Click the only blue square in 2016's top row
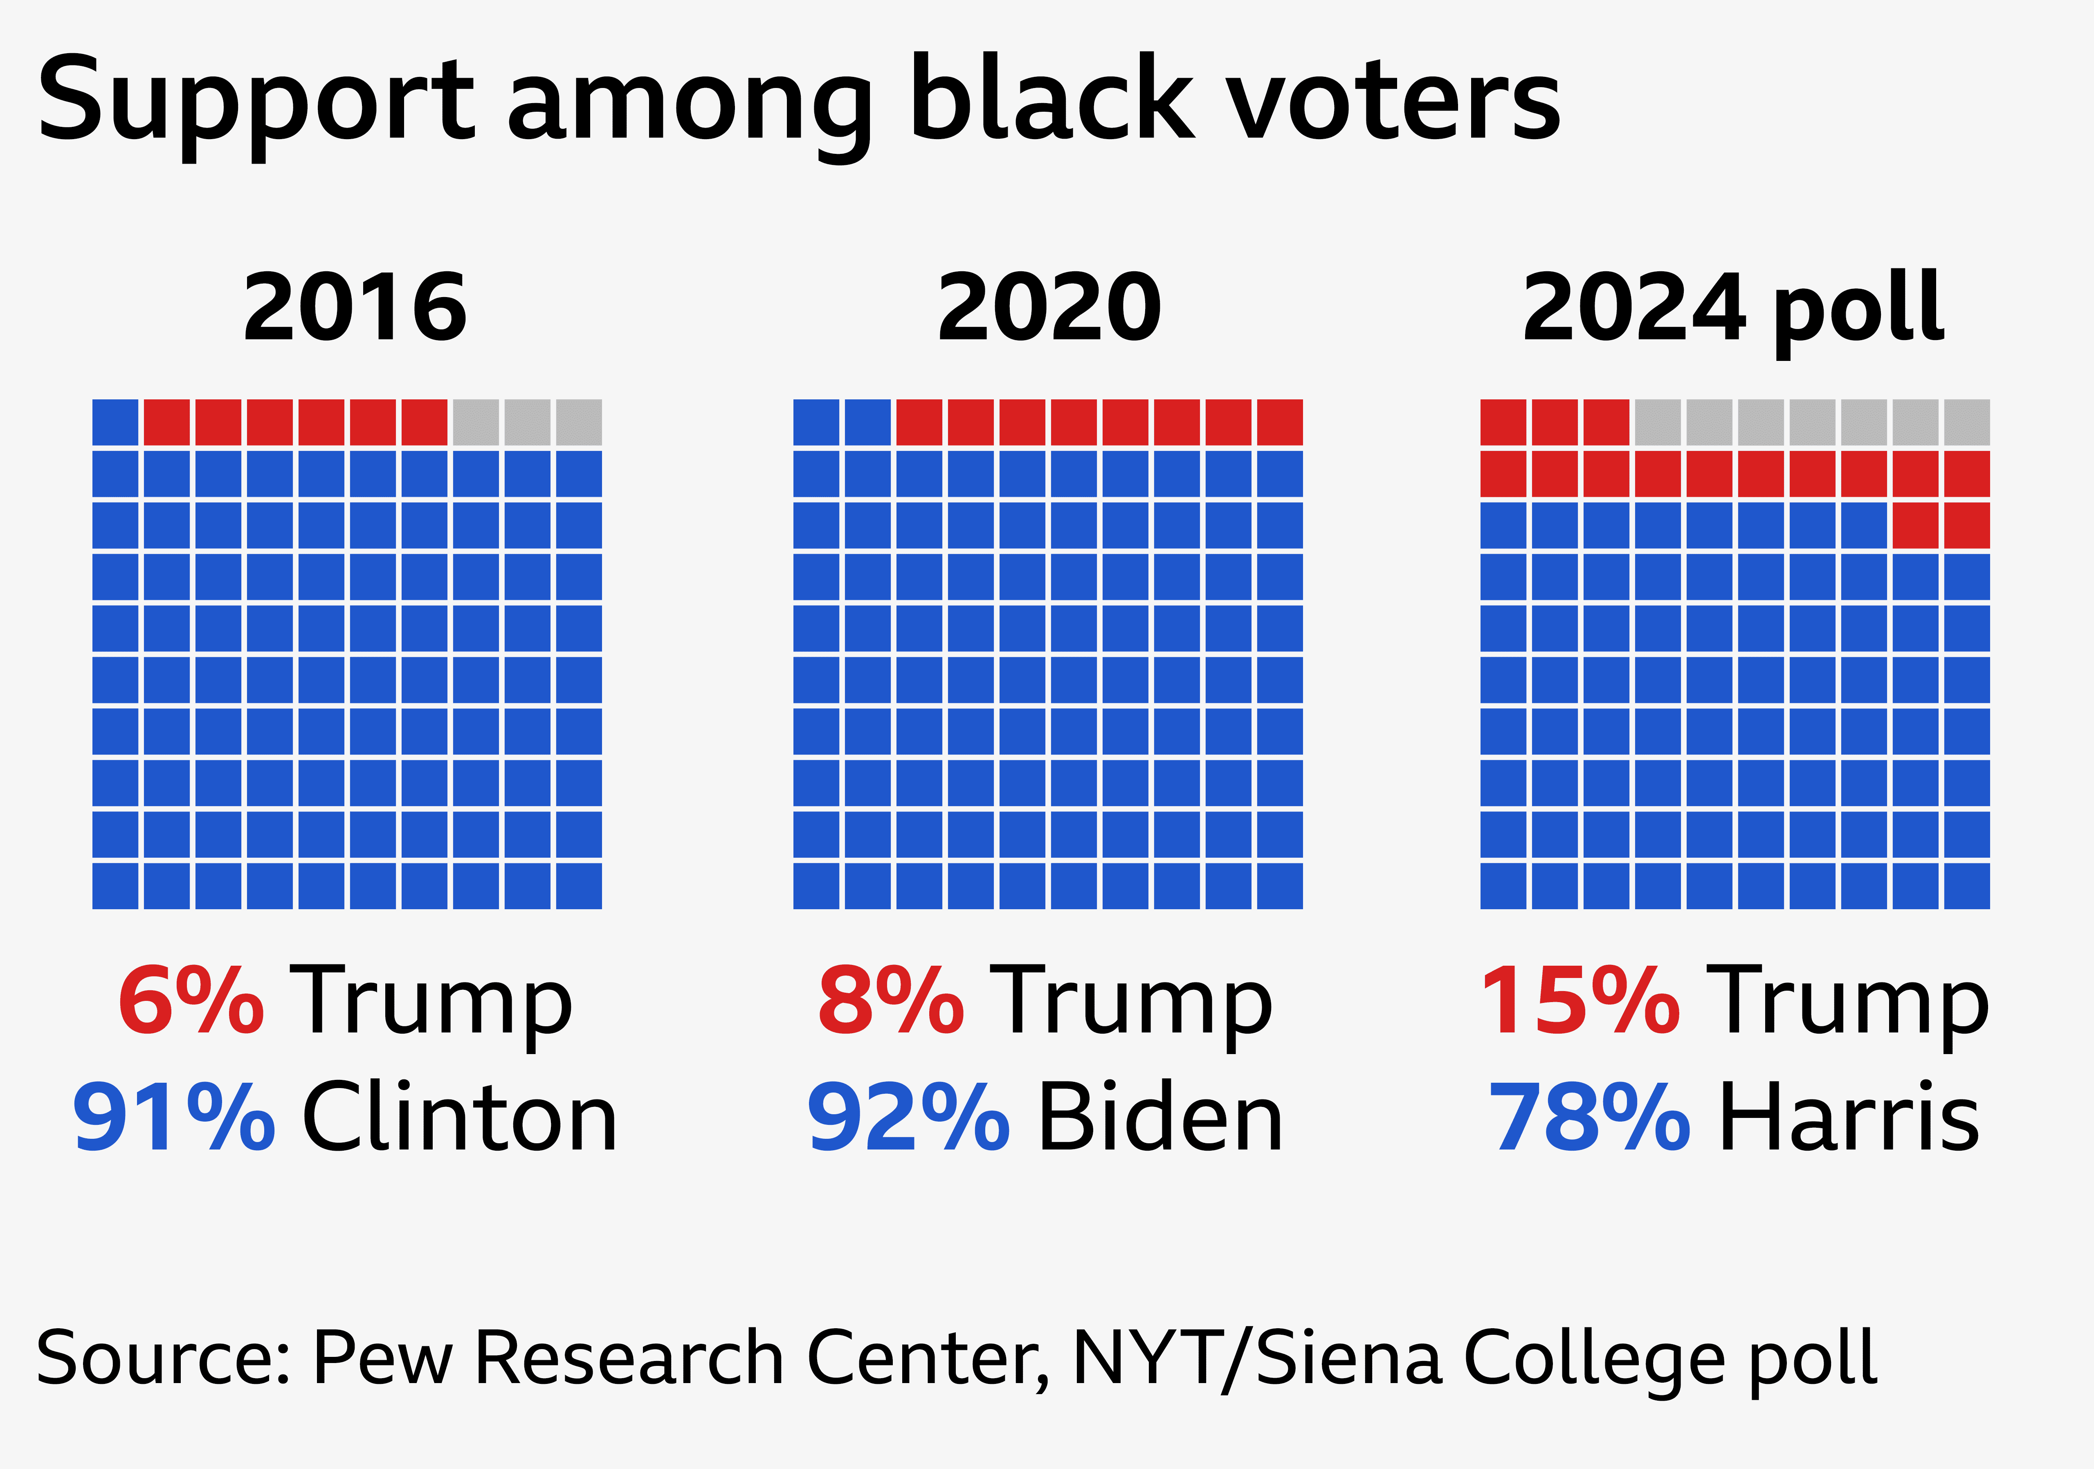click(116, 422)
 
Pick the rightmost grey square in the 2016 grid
click(579, 422)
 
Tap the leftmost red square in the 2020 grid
click(919, 422)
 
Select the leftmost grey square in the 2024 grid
click(1658, 422)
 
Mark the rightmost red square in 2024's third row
click(1967, 525)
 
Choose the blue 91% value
click(173, 1118)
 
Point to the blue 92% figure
click(908, 1118)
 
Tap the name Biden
click(1160, 1118)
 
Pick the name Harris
click(1849, 1118)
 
